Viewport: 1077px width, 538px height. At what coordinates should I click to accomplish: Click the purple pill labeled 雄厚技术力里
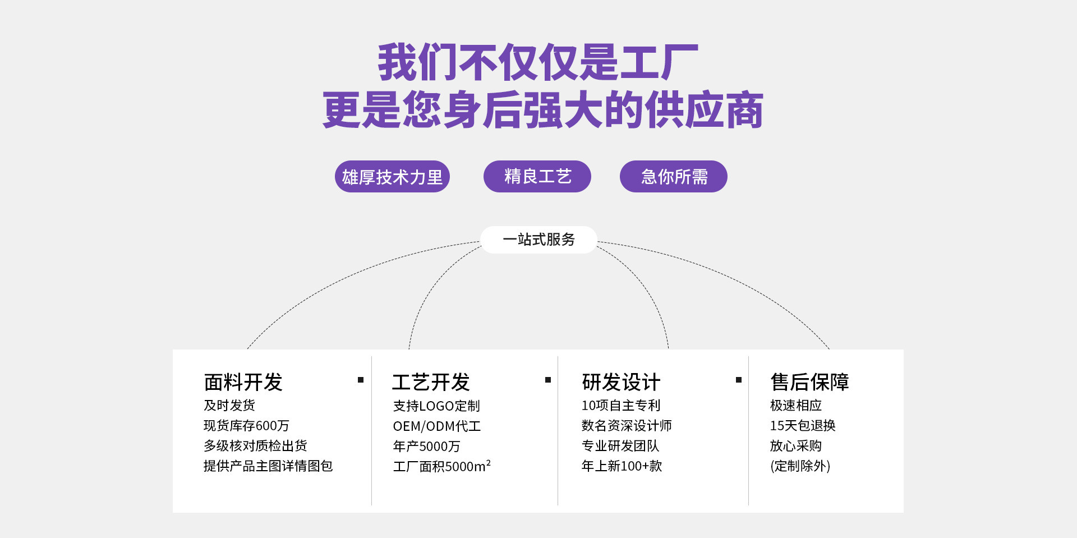tap(392, 177)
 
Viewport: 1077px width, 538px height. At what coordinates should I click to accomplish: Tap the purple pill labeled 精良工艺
tap(537, 177)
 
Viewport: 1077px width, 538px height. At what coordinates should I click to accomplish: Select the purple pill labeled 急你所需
tap(673, 177)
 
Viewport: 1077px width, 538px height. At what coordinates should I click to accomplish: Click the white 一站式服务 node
tap(538, 240)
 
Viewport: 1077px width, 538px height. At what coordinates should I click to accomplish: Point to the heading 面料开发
tap(243, 382)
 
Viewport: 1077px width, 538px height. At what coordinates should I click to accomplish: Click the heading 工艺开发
tap(431, 382)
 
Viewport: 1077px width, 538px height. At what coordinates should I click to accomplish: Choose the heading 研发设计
tap(621, 382)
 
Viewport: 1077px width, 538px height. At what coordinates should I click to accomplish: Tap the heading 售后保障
tap(809, 382)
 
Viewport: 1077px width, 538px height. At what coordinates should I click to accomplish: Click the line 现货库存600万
tap(246, 426)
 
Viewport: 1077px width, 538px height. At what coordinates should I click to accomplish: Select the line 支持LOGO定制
tap(436, 406)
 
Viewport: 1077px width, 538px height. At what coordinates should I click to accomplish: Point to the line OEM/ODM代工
tap(436, 426)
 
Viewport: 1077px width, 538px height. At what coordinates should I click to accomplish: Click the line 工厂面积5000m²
tap(441, 466)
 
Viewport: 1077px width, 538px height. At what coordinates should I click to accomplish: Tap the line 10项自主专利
tap(621, 406)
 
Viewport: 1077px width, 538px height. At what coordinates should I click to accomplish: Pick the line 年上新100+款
tap(622, 466)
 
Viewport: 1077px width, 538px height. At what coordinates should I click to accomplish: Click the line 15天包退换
tap(802, 426)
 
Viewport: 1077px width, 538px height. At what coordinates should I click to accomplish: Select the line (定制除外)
tap(800, 466)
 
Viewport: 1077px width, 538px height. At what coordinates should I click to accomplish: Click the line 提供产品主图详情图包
tap(268, 466)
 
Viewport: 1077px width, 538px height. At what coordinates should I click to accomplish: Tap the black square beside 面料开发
tap(361, 380)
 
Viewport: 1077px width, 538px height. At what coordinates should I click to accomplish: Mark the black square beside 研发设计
tap(739, 380)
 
